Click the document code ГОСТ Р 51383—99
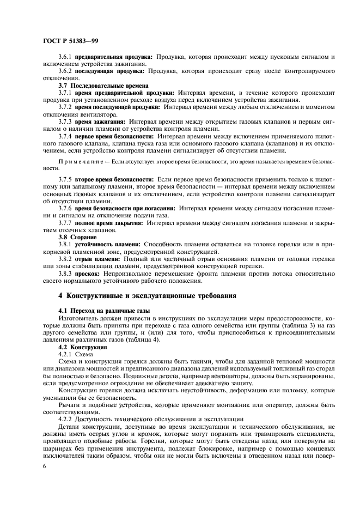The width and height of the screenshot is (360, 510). pos(71,41)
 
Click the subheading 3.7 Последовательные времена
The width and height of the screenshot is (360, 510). pos(100,86)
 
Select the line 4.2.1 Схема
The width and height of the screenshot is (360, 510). pos(76,354)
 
